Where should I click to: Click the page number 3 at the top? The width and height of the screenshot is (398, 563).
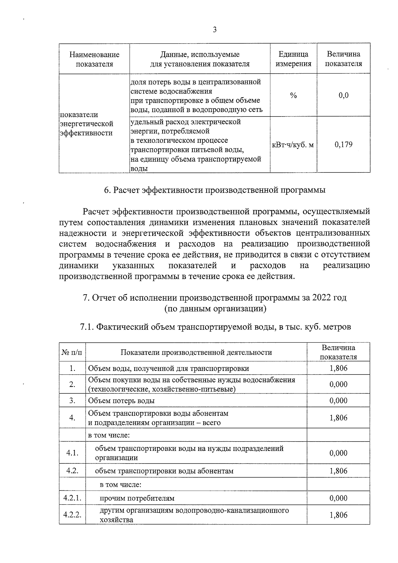(215, 30)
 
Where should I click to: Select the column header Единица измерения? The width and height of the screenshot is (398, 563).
(293, 59)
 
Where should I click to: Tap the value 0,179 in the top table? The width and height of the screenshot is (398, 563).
(344, 144)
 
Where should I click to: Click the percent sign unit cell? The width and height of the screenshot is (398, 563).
(293, 96)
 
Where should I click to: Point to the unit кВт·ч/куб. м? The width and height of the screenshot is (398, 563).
(293, 145)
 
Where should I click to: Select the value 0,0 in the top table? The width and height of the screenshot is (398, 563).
(344, 96)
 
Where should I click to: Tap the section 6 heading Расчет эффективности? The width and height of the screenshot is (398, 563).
(215, 190)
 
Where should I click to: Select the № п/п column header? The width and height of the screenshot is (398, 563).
(72, 352)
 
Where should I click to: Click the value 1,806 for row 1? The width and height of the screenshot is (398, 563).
(338, 368)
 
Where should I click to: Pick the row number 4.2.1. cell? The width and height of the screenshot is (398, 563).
(72, 498)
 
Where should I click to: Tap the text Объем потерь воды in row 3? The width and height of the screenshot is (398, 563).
(121, 400)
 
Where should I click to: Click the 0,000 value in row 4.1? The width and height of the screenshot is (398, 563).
(338, 453)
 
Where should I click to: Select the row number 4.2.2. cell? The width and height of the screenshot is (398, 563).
(72, 515)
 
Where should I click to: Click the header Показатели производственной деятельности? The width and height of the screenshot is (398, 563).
(196, 352)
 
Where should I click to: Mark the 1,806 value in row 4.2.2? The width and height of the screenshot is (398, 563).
(338, 515)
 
